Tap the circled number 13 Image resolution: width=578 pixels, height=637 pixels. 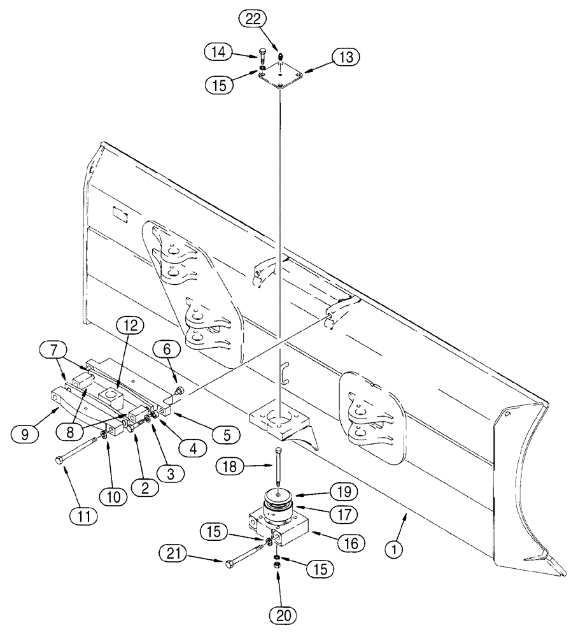[345, 57]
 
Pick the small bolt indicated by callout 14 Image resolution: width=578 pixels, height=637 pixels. [263, 55]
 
